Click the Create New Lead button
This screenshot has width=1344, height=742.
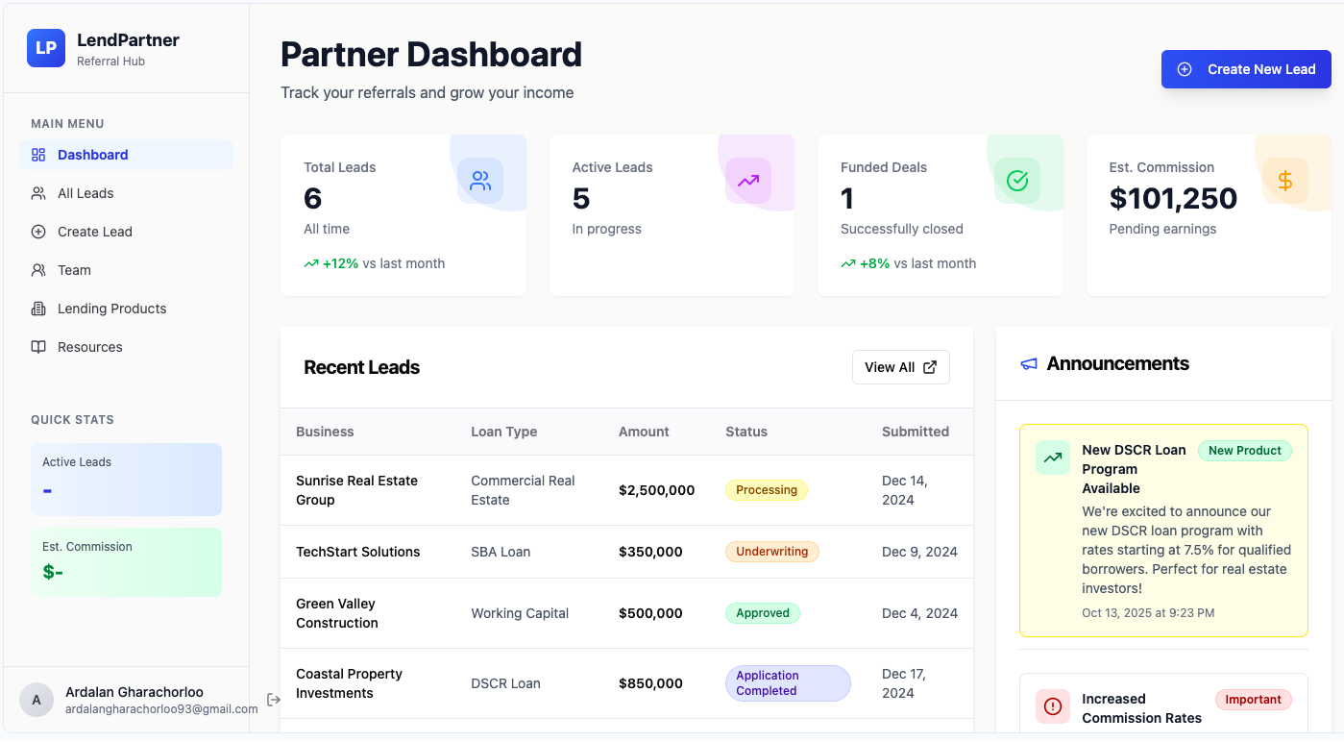click(1246, 69)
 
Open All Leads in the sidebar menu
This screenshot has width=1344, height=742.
click(86, 193)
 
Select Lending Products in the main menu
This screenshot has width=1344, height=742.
click(111, 309)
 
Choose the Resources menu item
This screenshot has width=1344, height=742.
click(89, 347)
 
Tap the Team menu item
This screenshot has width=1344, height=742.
click(74, 270)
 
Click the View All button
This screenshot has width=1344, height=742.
click(900, 367)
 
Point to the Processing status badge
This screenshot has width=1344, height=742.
click(766, 490)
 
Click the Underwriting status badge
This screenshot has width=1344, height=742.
click(771, 552)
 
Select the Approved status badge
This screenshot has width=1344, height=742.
click(762, 613)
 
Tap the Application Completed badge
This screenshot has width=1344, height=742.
click(787, 683)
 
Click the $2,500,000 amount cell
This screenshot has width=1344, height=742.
click(656, 490)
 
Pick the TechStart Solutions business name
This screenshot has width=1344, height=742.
click(357, 552)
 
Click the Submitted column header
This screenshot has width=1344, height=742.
click(915, 432)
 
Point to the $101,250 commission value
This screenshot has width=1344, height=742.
click(1173, 198)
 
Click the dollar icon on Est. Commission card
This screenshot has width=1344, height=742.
click(1284, 181)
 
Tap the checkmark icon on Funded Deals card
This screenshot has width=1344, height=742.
click(1016, 181)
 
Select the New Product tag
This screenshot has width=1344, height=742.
click(1244, 451)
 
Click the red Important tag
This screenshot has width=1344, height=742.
click(1253, 700)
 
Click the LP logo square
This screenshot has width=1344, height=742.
click(46, 48)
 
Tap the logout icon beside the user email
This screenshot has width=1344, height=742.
click(274, 700)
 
